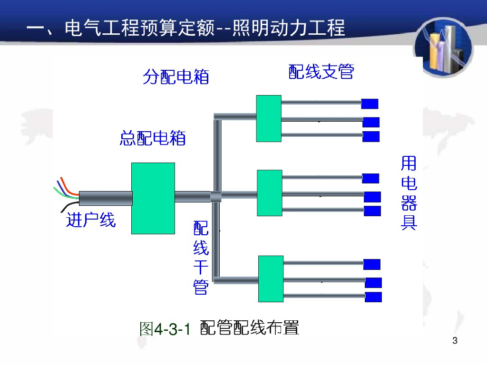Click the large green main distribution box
click(153, 198)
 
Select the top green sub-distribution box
click(269, 118)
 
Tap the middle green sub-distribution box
click(269, 193)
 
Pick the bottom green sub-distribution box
click(271, 279)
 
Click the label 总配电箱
click(153, 138)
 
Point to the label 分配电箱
click(176, 77)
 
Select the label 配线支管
click(321, 71)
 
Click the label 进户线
click(90, 220)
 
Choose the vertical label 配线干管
click(201, 257)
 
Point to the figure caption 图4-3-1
click(165, 328)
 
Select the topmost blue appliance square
click(370, 104)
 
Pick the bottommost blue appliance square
click(373, 297)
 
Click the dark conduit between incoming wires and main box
click(105, 198)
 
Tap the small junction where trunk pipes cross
click(216, 196)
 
